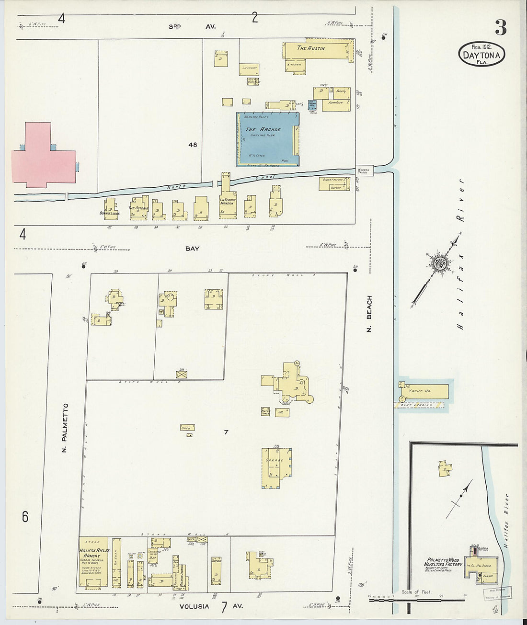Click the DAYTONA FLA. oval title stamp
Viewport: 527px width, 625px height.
click(x=481, y=55)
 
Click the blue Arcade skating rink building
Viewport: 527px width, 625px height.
click(x=268, y=139)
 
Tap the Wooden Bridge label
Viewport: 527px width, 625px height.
click(x=363, y=170)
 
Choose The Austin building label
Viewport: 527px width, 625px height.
click(x=311, y=48)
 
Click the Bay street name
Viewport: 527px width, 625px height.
click(x=192, y=249)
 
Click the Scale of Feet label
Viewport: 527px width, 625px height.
click(x=417, y=592)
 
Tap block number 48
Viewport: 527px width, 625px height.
click(x=193, y=145)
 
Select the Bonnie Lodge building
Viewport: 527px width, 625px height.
click(x=110, y=210)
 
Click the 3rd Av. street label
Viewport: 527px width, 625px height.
click(x=192, y=27)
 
